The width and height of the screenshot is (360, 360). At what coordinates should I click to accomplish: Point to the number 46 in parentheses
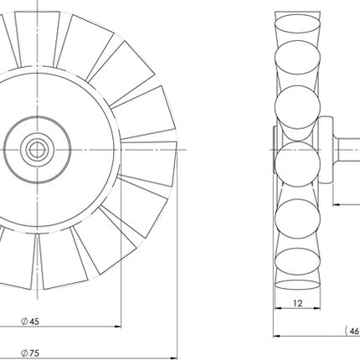tap(354, 331)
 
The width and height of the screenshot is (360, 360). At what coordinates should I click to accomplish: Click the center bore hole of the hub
tap(36, 148)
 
